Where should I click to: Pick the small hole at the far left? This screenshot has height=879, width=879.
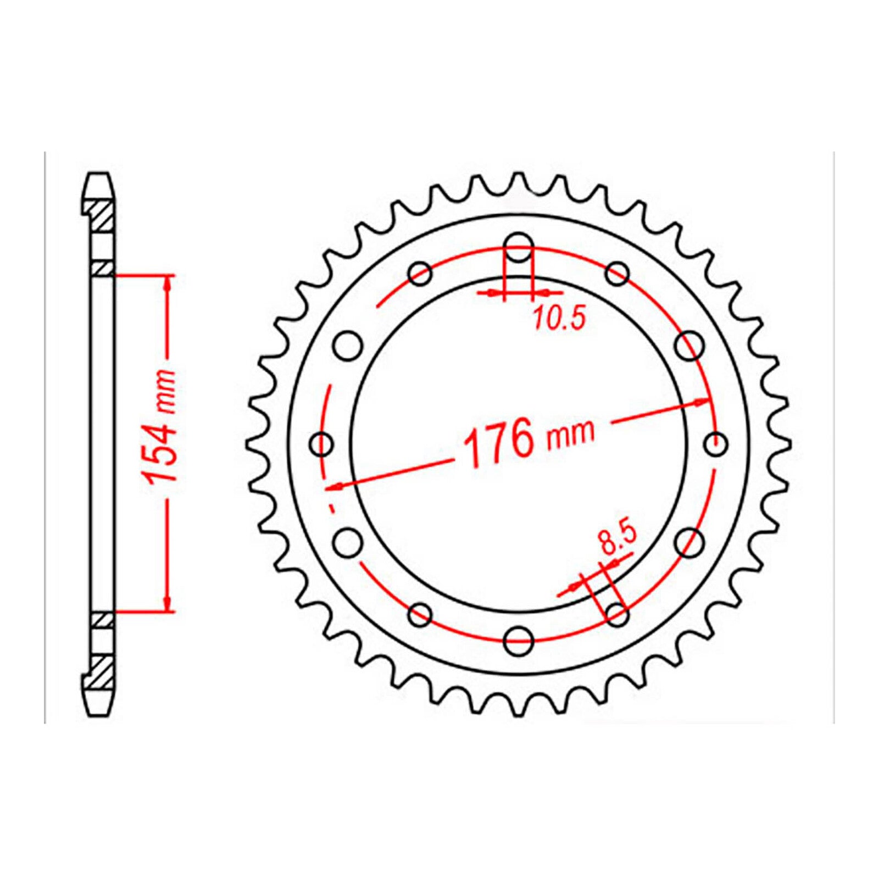click(322, 443)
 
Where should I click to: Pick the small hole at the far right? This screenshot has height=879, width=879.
click(716, 443)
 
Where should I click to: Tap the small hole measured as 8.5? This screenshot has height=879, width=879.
click(617, 614)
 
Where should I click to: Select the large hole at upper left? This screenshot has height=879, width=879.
click(348, 346)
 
